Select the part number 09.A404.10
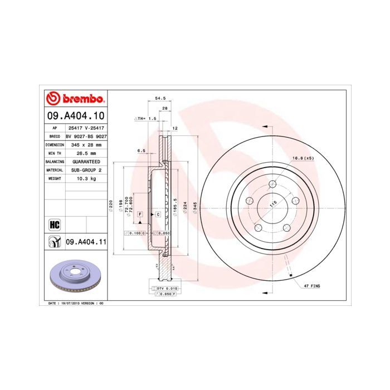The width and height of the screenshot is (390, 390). (x=75, y=116)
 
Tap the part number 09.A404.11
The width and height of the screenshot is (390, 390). (x=86, y=242)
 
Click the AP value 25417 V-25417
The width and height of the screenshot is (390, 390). (x=85, y=128)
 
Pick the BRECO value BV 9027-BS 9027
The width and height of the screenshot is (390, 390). (x=86, y=136)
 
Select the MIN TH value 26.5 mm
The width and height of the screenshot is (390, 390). (x=85, y=153)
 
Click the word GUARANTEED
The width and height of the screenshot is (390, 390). (x=86, y=161)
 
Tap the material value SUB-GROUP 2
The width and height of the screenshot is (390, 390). (x=86, y=169)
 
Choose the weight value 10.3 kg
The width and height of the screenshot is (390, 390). (x=85, y=178)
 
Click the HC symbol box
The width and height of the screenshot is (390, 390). (x=55, y=225)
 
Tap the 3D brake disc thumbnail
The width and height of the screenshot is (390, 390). (x=75, y=277)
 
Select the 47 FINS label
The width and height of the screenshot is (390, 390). (x=312, y=285)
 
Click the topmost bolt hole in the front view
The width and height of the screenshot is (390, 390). (x=272, y=184)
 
